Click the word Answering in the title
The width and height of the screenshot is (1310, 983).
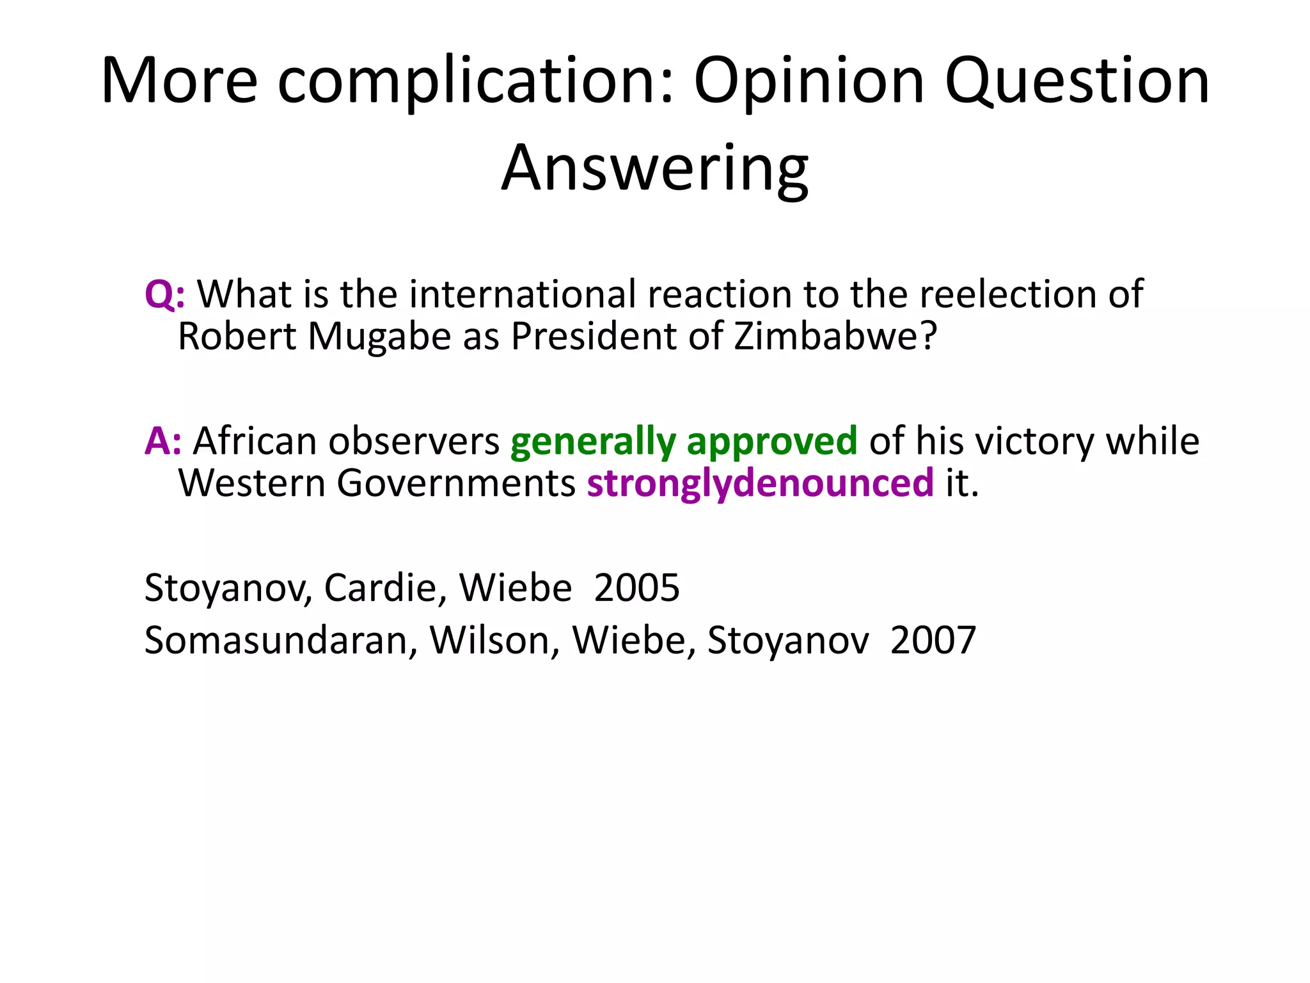[654, 168]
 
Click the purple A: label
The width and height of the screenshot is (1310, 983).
[163, 441]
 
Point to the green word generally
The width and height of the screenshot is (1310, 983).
[593, 441]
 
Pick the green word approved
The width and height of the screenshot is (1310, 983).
[771, 441]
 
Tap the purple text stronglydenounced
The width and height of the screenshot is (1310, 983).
[760, 483]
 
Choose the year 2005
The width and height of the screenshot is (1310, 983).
[636, 587]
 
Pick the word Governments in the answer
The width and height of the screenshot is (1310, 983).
[456, 483]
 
